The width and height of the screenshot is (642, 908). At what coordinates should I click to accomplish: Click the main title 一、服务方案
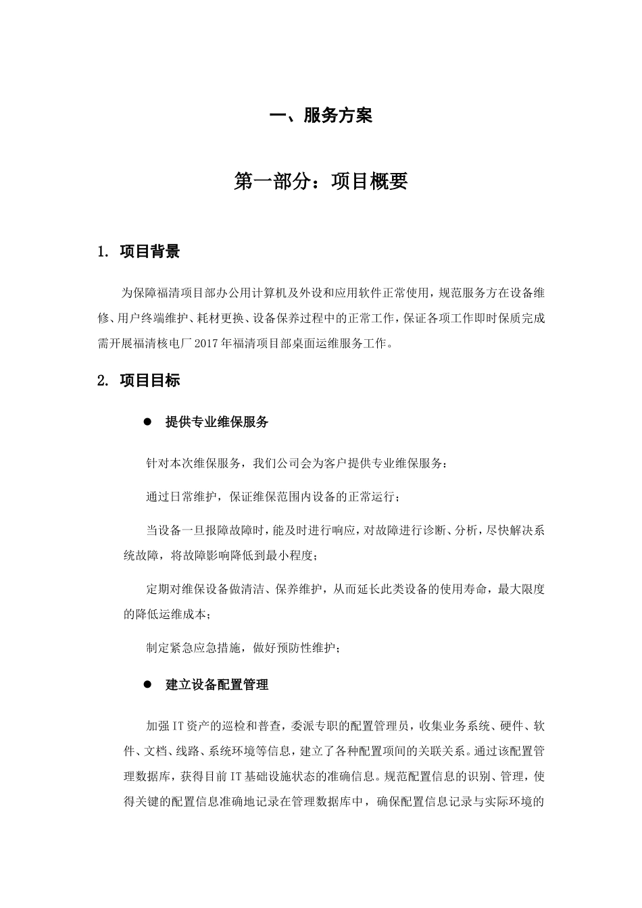tap(321, 116)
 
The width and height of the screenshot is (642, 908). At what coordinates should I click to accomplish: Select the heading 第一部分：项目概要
tap(321, 181)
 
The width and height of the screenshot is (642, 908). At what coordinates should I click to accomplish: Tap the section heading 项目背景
tap(149, 252)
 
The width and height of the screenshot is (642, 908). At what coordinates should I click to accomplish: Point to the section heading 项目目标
tap(149, 380)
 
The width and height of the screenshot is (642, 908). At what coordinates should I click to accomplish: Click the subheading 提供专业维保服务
tap(217, 422)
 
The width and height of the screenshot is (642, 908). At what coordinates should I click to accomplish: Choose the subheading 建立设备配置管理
tap(217, 685)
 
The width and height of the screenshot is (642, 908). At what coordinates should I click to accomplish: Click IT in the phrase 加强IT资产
tap(179, 726)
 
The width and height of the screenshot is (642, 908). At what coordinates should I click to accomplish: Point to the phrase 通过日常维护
tap(180, 497)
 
